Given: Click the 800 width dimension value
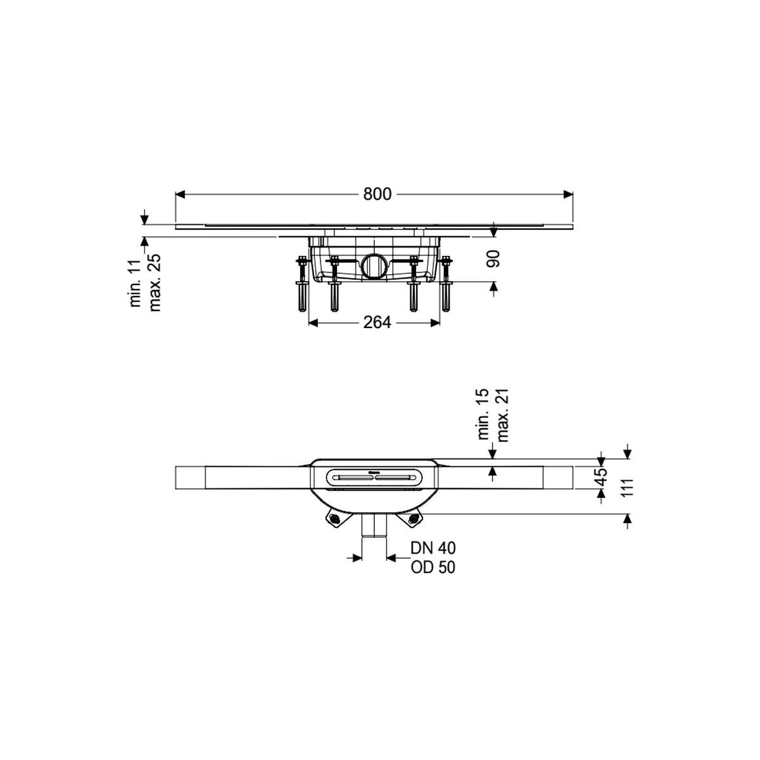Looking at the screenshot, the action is click(x=377, y=194).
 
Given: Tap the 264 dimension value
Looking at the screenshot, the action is click(x=377, y=322).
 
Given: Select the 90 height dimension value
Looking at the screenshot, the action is click(x=493, y=259).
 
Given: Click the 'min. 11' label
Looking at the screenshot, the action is click(x=136, y=283).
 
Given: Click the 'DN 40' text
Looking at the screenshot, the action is click(x=433, y=547).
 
